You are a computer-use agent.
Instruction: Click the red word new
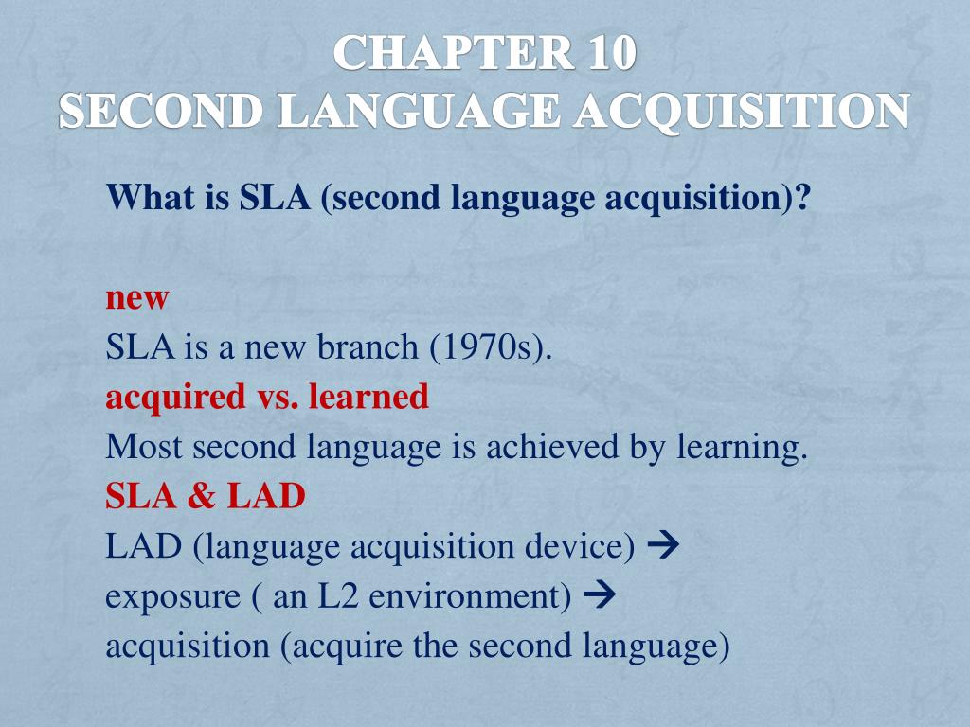[x=136, y=298]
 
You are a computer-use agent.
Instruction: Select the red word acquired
[x=174, y=398]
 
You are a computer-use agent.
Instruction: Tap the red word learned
[x=368, y=398]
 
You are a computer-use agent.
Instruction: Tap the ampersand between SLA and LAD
[x=201, y=496]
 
